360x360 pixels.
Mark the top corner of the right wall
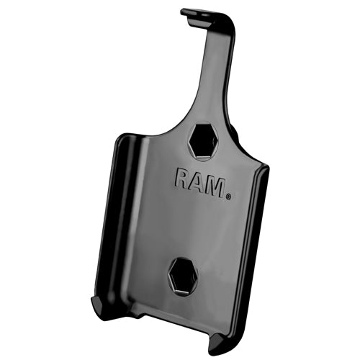click(263, 170)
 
